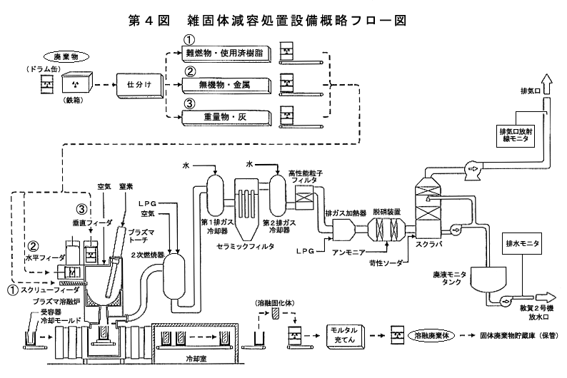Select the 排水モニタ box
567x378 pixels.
[523, 244]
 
